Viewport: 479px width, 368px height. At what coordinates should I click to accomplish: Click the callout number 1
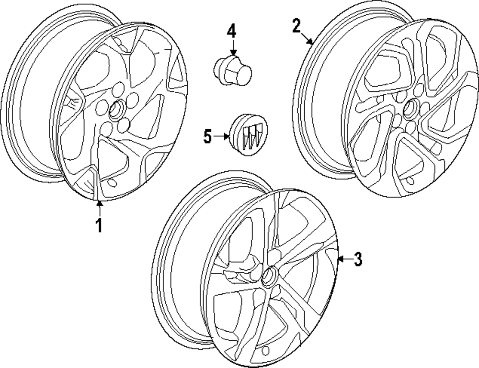pyautogui.click(x=99, y=224)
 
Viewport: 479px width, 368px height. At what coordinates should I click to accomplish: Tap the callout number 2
pyautogui.click(x=297, y=25)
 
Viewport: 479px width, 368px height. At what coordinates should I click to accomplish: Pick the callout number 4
pyautogui.click(x=232, y=32)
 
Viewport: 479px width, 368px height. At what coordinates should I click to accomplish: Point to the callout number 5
pyautogui.click(x=207, y=136)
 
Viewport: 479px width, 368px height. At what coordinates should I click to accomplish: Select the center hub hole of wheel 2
pyautogui.click(x=410, y=110)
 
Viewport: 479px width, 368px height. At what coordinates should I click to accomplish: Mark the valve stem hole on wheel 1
pyautogui.click(x=112, y=183)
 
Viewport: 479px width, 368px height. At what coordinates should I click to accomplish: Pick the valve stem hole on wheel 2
pyautogui.click(x=411, y=181)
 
